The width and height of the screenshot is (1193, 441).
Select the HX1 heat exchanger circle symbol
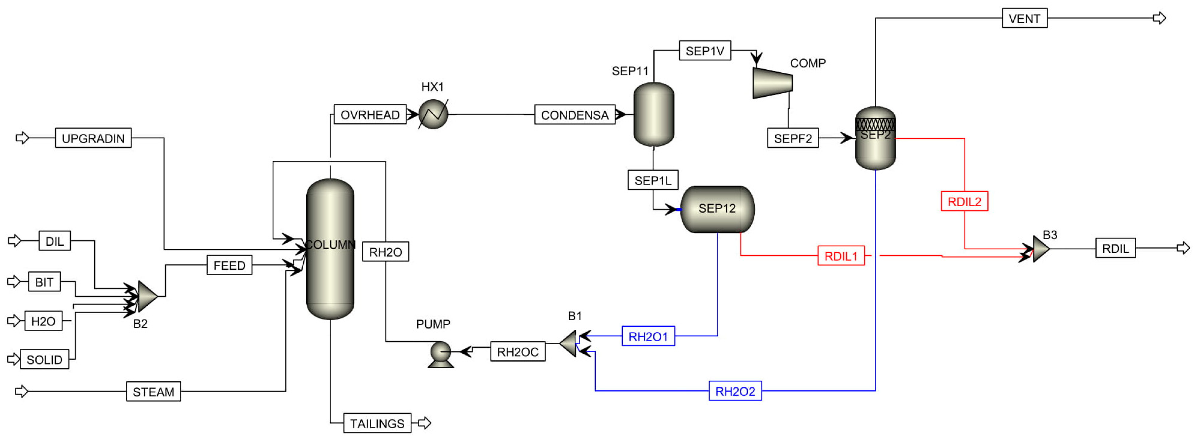[433, 114]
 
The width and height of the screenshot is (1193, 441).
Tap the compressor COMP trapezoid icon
[772, 83]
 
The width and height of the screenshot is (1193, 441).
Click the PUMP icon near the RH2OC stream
[440, 354]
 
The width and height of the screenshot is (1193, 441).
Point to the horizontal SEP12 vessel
[717, 209]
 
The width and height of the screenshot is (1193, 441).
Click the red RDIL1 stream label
[841, 256]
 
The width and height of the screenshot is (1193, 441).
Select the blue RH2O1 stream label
[648, 336]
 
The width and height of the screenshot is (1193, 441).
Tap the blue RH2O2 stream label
[735, 391]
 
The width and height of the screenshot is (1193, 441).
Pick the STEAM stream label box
[153, 392]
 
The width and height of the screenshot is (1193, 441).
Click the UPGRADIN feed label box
[93, 138]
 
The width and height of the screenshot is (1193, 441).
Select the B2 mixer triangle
[147, 296]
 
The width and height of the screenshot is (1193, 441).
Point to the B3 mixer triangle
[1040, 249]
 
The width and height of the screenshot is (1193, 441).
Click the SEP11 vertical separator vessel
[653, 114]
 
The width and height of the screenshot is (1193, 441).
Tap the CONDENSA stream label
[574, 115]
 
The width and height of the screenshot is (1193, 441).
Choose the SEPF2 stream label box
[792, 138]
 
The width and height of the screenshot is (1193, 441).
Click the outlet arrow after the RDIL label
[1183, 248]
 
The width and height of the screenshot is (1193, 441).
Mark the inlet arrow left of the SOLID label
[14, 359]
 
